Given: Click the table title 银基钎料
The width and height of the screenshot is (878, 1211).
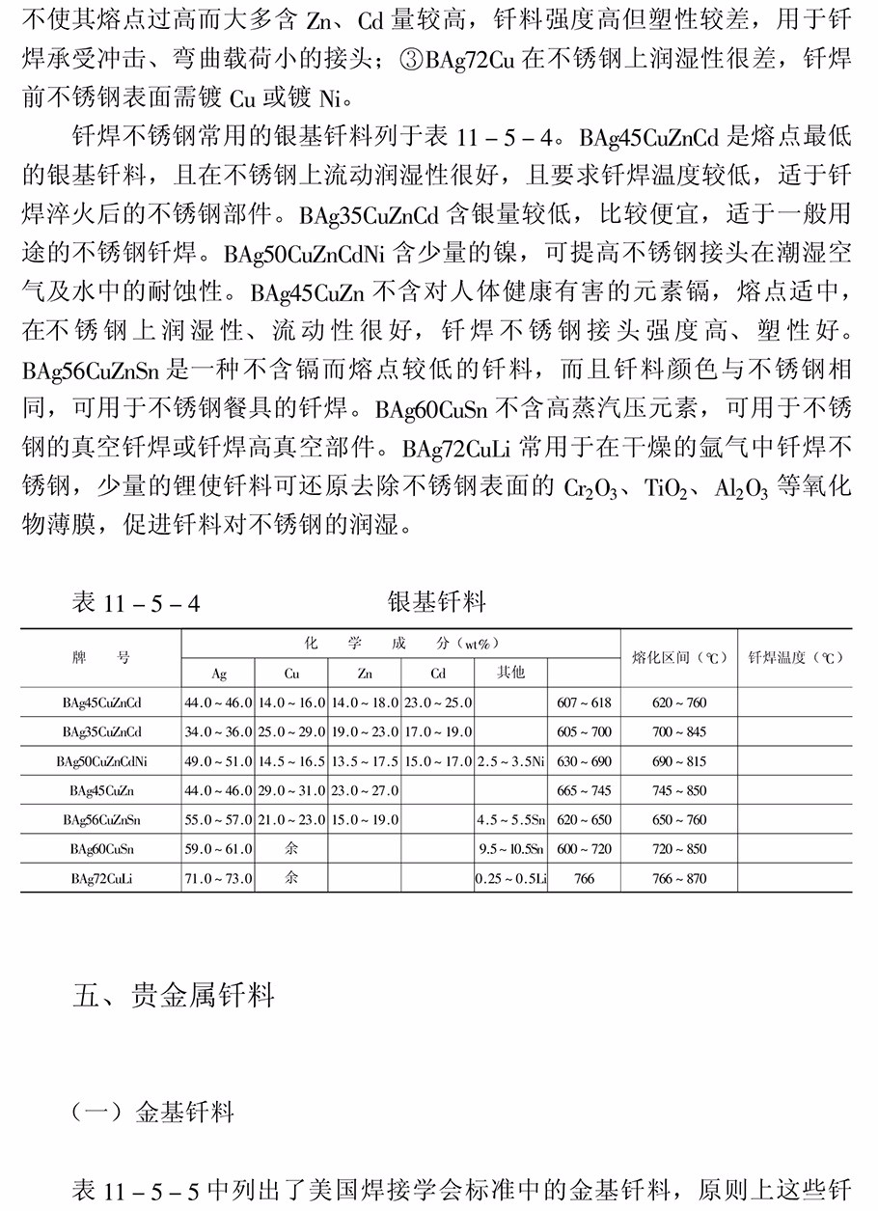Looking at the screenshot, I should pos(436,602).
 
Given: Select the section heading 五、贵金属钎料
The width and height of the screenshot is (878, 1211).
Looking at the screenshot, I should pos(174,994).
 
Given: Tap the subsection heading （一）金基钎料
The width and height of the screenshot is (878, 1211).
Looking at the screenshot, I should pos(154,1113).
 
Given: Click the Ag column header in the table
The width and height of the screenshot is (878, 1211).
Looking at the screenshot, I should pos(219,673).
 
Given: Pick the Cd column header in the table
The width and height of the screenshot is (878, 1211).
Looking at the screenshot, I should pos(438,673).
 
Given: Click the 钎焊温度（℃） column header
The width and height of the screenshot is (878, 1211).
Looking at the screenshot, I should pos(795,658).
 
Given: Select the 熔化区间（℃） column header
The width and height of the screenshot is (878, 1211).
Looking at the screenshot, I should pos(678,658).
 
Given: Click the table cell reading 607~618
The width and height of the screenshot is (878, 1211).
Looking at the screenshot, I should pos(584,702).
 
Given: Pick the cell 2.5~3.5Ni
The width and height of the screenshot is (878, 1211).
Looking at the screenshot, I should pos(510,761).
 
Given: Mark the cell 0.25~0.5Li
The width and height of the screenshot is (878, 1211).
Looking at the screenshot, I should pos(510,878).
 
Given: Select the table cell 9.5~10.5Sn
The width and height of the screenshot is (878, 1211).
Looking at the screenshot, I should pos(510,849).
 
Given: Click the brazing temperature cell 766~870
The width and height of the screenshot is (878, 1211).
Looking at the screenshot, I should pos(679,878).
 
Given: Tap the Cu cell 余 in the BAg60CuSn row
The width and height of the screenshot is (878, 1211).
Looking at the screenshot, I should pos(291,849).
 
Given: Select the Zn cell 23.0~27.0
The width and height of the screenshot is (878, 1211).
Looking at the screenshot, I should pos(365,790).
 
